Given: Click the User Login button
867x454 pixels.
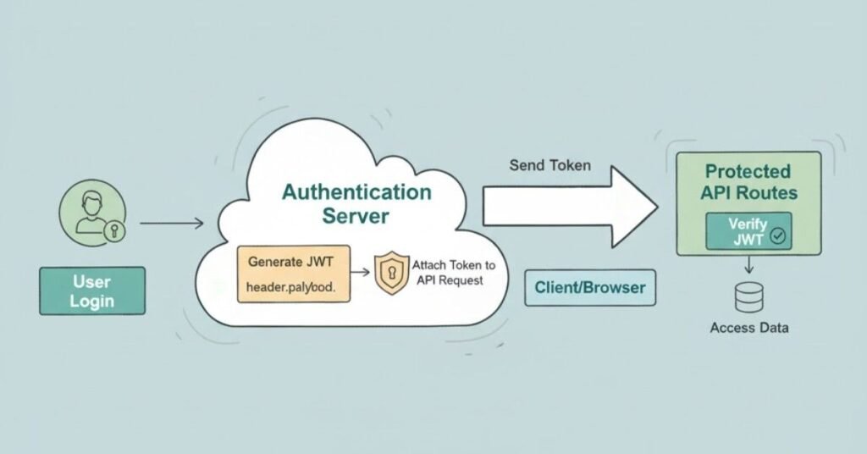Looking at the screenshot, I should click(x=91, y=291).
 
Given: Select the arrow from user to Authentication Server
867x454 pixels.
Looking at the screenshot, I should click(x=171, y=224).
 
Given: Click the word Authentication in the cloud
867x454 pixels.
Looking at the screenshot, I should click(x=356, y=191).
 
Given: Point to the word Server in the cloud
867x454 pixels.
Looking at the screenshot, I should click(x=356, y=216).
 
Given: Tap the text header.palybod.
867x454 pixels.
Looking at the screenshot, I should click(x=291, y=288).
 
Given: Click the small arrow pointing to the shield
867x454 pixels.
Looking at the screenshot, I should click(x=360, y=272).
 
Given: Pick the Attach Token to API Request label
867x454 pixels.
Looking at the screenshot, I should click(x=453, y=273).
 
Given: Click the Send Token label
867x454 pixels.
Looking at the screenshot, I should click(x=550, y=164).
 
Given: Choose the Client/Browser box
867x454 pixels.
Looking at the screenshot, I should click(x=590, y=288).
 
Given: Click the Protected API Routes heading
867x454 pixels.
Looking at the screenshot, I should click(x=748, y=182).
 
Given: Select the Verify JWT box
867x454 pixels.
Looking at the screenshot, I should click(x=748, y=231).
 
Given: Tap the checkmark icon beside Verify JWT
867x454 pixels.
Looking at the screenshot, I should click(x=777, y=238).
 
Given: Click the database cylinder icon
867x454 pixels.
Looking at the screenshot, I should click(x=748, y=297).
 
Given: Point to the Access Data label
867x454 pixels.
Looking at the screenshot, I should click(x=748, y=328).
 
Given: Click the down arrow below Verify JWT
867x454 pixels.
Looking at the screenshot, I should click(x=748, y=266).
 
